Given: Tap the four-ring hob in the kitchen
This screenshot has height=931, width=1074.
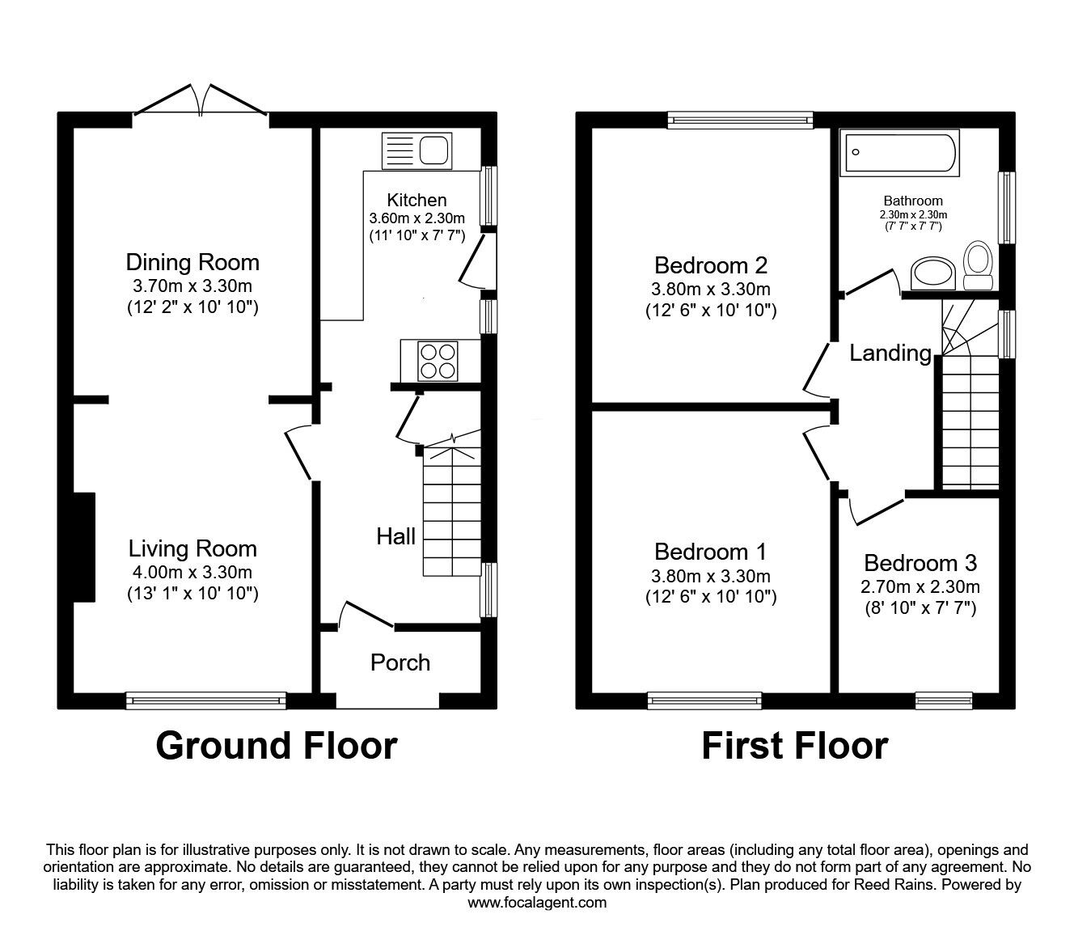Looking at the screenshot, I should [x=438, y=361].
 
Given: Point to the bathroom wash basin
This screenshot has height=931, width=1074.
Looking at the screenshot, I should [x=933, y=273].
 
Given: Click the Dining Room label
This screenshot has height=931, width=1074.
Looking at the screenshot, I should [x=192, y=262].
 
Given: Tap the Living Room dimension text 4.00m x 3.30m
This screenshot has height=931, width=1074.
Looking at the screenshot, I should [x=192, y=573].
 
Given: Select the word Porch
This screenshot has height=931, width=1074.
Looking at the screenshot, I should [x=400, y=662].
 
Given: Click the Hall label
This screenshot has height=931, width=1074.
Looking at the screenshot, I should [x=396, y=536].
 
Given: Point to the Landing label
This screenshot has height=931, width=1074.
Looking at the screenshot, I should [x=890, y=353].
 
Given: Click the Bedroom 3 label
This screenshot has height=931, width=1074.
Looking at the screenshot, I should [x=920, y=563].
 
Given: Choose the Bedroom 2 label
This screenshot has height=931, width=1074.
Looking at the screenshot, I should [x=710, y=265].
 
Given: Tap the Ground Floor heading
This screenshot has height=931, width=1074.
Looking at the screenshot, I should [x=276, y=746].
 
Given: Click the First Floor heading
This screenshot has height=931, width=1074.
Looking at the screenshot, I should [x=794, y=746].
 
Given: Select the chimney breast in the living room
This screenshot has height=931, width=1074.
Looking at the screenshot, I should [x=84, y=548].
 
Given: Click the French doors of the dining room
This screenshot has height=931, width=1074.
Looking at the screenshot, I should [x=200, y=100].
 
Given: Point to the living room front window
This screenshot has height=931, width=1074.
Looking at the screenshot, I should [x=206, y=700].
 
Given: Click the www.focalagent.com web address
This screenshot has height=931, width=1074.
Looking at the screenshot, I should [x=537, y=903].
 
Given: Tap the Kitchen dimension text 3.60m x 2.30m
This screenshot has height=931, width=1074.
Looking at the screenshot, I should [x=416, y=218].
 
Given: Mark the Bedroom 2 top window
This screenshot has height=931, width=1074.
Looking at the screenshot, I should [x=740, y=121].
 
